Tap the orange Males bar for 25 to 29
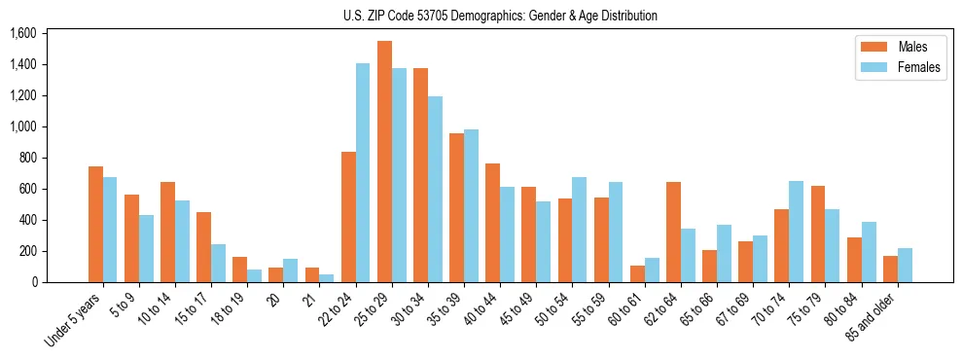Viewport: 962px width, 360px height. click(384, 162)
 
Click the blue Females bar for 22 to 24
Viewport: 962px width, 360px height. click(363, 173)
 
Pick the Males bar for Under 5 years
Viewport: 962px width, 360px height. click(95, 225)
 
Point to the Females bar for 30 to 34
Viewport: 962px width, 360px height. click(435, 190)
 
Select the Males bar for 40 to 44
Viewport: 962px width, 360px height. click(492, 223)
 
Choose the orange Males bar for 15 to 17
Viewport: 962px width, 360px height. click(203, 247)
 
